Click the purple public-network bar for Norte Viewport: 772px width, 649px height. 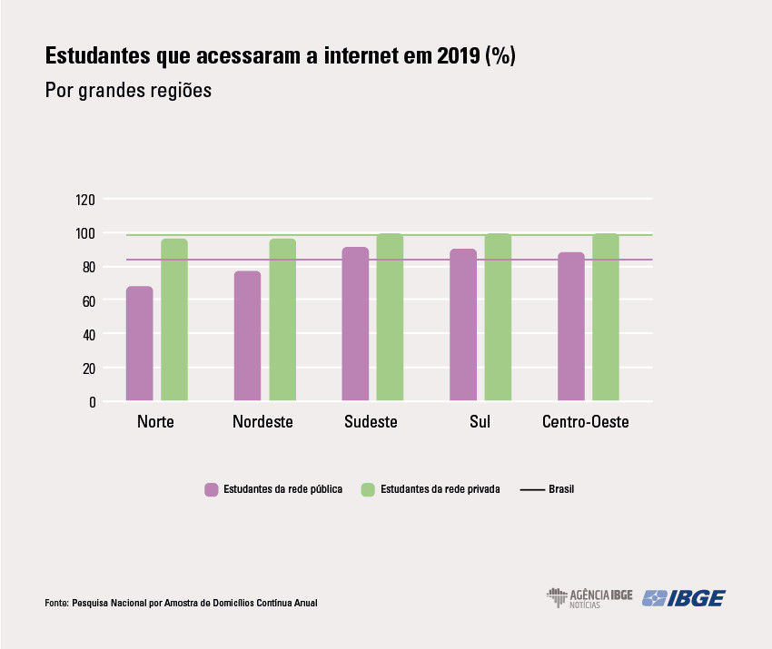pos(139,344)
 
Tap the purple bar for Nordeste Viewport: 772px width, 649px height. pos(247,336)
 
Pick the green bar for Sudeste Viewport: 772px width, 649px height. pos(390,317)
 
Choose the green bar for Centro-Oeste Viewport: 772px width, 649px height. pos(606,317)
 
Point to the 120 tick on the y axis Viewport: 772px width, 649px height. pos(86,200)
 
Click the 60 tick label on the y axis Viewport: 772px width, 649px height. pos(89,300)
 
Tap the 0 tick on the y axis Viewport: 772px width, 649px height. pos(93,401)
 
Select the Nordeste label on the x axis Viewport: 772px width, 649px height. pos(262,423)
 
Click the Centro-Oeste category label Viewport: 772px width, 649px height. pos(585,423)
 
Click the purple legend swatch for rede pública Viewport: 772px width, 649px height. pos(212,489)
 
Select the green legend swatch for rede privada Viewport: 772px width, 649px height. pos(367,489)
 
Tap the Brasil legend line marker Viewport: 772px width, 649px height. pos(531,489)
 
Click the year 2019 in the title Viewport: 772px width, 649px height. pos(456,56)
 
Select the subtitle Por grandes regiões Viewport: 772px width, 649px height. pos(128,92)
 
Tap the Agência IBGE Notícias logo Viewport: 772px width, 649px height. pos(589,597)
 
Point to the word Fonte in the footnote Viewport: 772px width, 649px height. pos(55,603)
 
